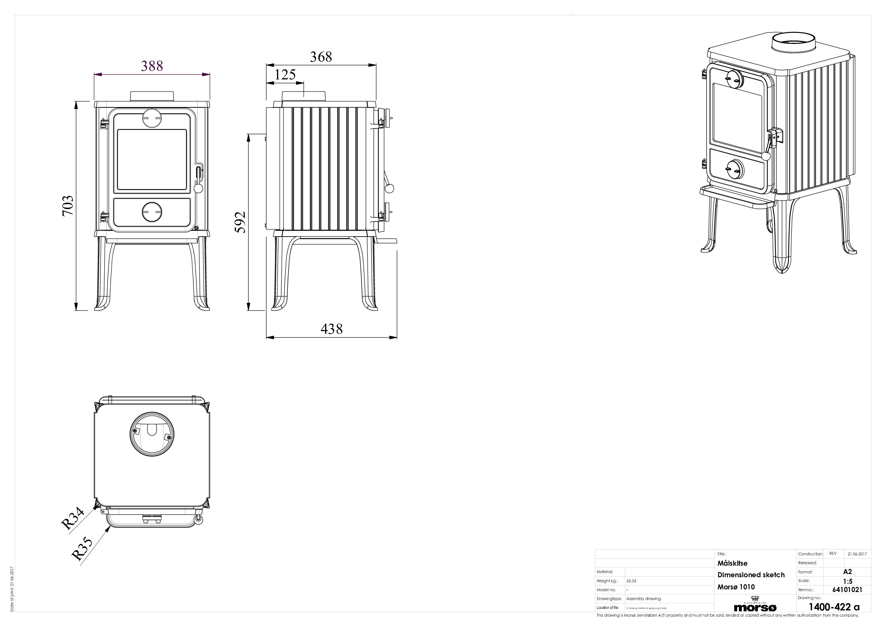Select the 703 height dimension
pyautogui.click(x=68, y=206)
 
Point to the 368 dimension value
pyautogui.click(x=321, y=57)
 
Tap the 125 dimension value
pyautogui.click(x=285, y=75)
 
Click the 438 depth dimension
pyautogui.click(x=332, y=329)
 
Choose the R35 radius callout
pyautogui.click(x=82, y=549)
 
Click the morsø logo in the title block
pyautogui.click(x=755, y=607)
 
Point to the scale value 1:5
pyautogui.click(x=848, y=581)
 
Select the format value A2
pyautogui.click(x=848, y=572)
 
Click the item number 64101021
pyautogui.click(x=847, y=590)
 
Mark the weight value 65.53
pyautogui.click(x=631, y=581)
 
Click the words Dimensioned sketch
pyautogui.click(x=751, y=575)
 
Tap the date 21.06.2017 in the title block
pyautogui.click(x=857, y=554)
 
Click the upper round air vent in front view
pyautogui.click(x=152, y=118)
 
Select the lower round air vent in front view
pyautogui.click(x=152, y=212)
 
